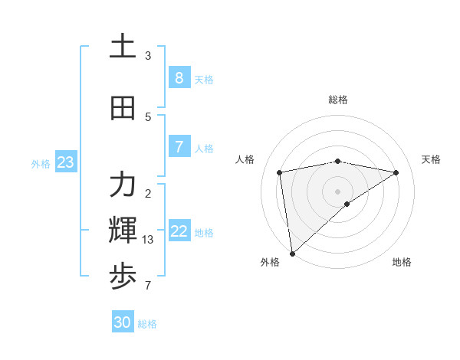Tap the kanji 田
pos(123,109)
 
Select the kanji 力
pos(123,185)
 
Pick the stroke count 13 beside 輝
pos(148,240)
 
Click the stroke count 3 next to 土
pos(148,56)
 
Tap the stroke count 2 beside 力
pos(148,193)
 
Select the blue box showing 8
pos(179,78)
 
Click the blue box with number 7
pos(179,146)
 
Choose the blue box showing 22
pos(179,231)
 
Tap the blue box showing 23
pos(65,162)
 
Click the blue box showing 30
pos(123,322)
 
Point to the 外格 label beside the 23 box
pos(41,163)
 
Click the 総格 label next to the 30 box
pos(147,324)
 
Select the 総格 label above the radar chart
pos(338,100)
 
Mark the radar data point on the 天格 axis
pos(396,172)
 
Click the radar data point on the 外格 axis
pos(292,254)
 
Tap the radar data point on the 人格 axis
pos(280,172)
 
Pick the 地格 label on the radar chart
pos(402,262)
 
